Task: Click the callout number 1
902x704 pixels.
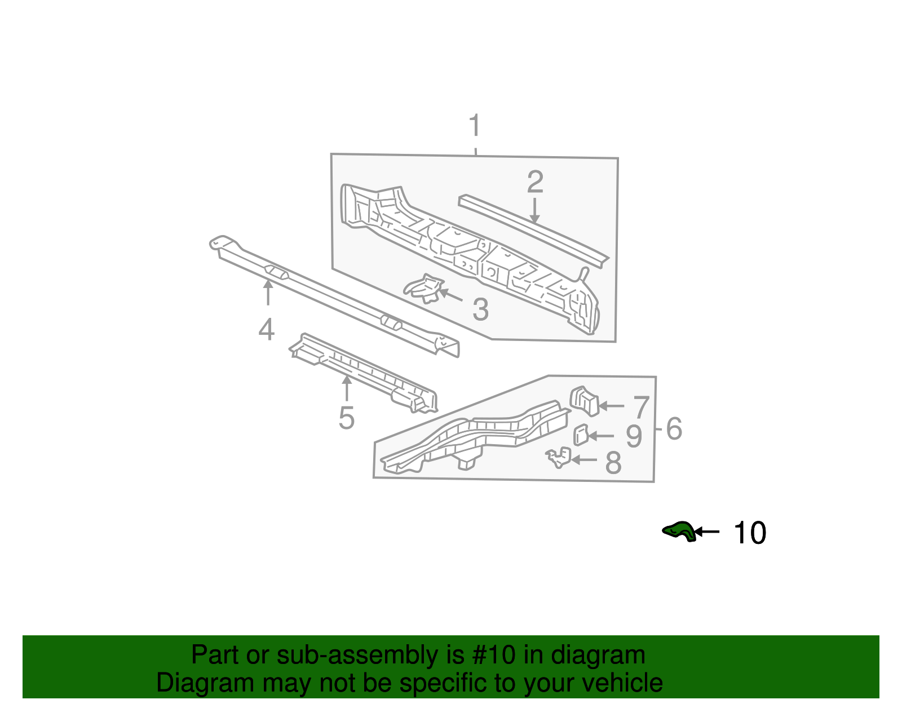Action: tap(475, 125)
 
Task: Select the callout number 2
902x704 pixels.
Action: tap(535, 181)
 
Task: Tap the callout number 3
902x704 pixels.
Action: tap(480, 309)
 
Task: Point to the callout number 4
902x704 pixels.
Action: tap(266, 330)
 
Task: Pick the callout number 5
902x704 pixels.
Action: tap(346, 418)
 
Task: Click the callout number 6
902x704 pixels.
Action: tap(674, 429)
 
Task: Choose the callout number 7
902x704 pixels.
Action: tap(642, 407)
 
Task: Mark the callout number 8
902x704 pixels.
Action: tap(613, 463)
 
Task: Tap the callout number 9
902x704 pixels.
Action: tap(634, 436)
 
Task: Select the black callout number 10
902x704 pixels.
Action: tap(750, 533)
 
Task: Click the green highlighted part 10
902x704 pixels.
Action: tap(679, 531)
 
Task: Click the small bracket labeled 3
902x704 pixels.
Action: tap(424, 288)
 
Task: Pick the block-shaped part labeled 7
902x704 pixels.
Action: tap(584, 400)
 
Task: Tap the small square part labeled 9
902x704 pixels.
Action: tap(581, 435)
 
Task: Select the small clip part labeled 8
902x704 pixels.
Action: tap(559, 457)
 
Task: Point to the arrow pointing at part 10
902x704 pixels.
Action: tap(707, 531)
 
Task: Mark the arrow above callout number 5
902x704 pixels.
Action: tap(347, 388)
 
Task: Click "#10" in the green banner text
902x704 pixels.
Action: tap(497, 656)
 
